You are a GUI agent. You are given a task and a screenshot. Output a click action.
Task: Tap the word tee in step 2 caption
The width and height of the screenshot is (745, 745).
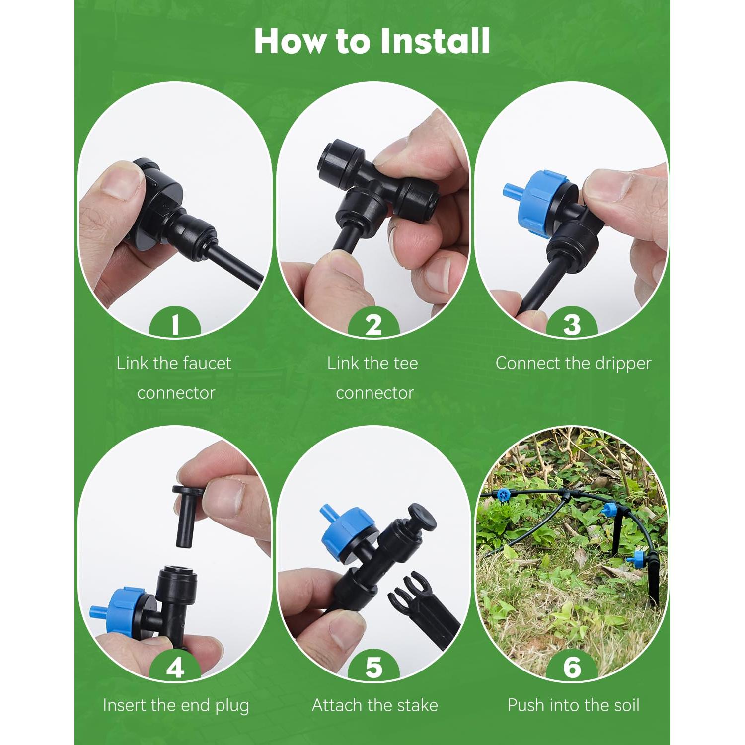point(405,364)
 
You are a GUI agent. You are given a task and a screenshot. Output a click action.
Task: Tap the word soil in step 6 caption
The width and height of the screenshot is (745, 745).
point(626,705)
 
